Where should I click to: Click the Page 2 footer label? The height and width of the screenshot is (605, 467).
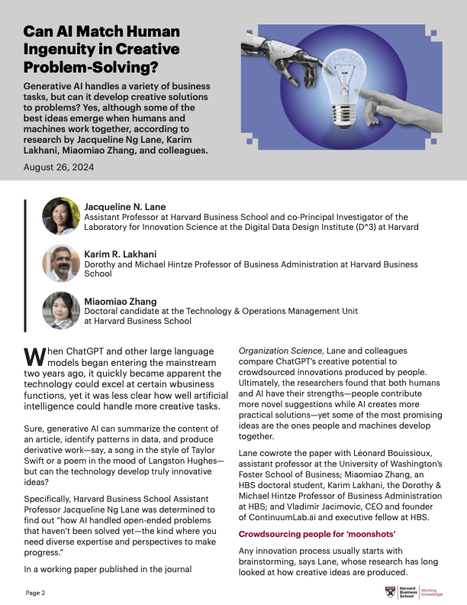[x=36, y=593]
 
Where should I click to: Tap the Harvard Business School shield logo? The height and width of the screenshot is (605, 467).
[x=390, y=592]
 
